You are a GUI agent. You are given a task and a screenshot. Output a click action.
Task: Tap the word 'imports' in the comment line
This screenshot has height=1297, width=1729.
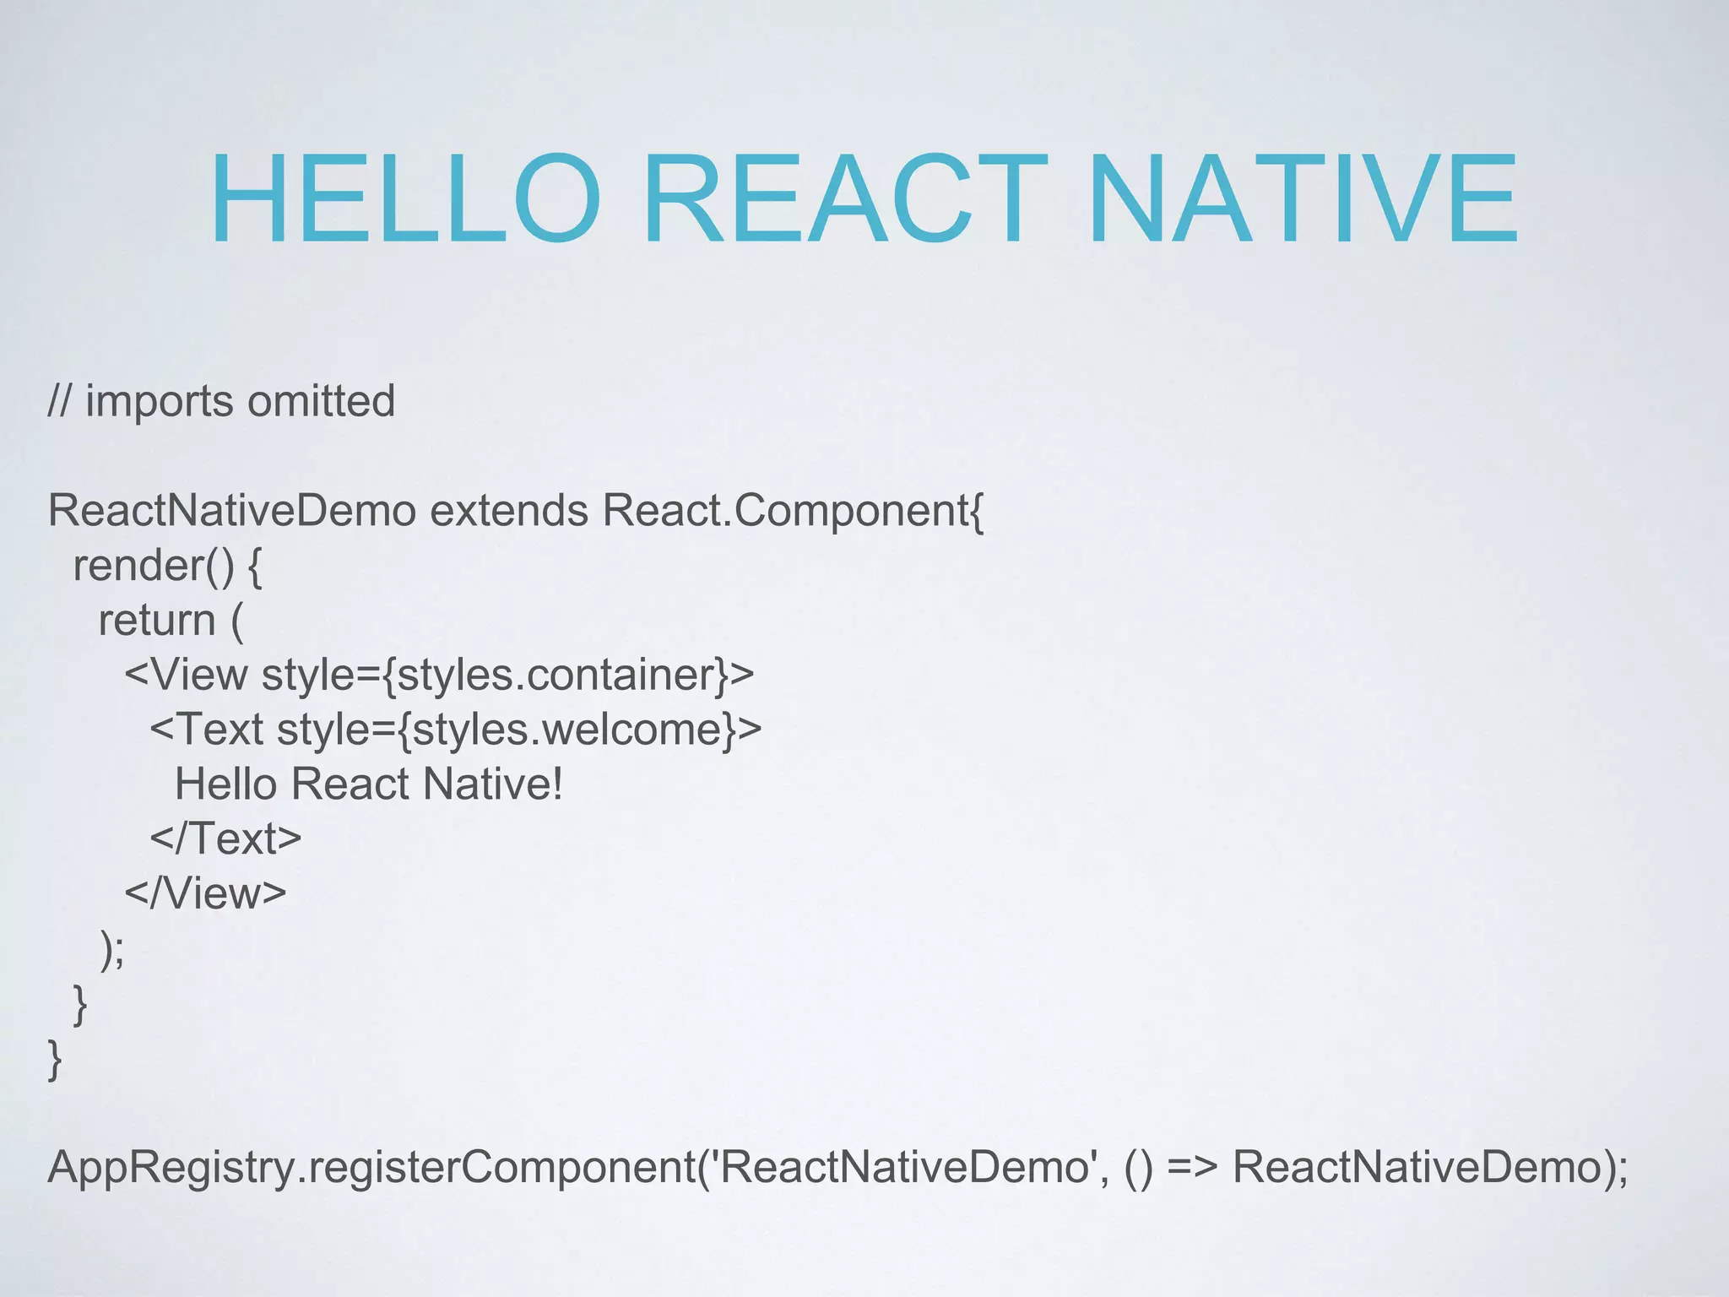pyautogui.click(x=160, y=402)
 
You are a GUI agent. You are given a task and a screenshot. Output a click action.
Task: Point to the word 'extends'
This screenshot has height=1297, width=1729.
pyautogui.click(x=508, y=511)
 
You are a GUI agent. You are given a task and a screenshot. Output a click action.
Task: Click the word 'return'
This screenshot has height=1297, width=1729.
pyautogui.click(x=157, y=621)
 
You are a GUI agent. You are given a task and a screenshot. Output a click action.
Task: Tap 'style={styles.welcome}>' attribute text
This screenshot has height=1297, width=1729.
pyautogui.click(x=519, y=730)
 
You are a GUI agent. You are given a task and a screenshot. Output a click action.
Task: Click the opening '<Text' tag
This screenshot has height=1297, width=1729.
pyautogui.click(x=207, y=730)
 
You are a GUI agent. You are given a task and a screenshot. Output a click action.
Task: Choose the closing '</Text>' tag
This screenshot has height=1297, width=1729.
pyautogui.click(x=225, y=838)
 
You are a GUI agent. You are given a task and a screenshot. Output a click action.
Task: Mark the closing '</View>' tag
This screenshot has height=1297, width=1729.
pyautogui.click(x=205, y=893)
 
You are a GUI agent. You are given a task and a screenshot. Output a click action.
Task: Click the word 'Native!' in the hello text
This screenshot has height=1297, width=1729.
pyautogui.click(x=493, y=784)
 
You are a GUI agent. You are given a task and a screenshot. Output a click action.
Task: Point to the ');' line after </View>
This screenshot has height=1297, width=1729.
pyautogui.click(x=112, y=949)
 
